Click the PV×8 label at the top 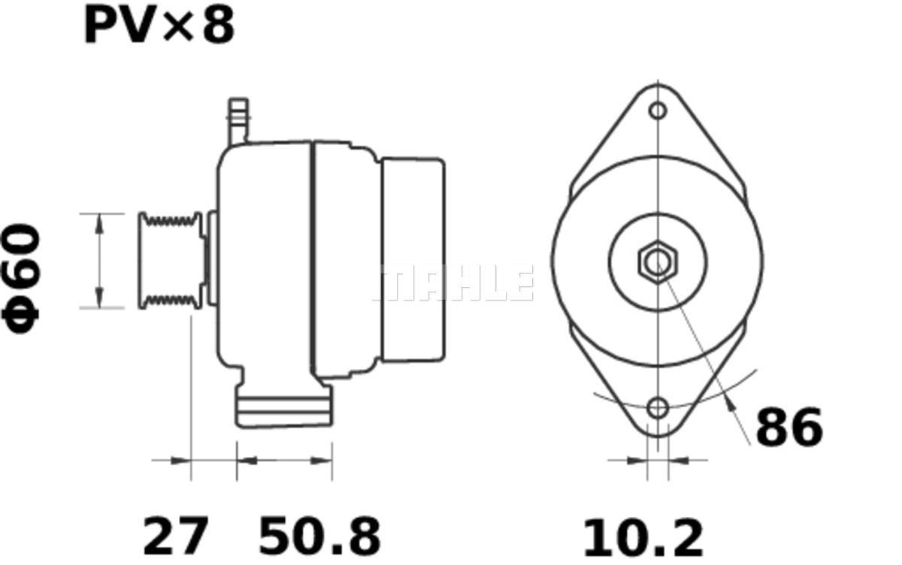[159, 26]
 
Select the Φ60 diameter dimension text [21, 279]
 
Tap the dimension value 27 [176, 537]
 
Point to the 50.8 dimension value [319, 537]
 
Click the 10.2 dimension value [643, 539]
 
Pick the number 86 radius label [789, 428]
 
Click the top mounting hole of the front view [658, 110]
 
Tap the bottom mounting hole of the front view [658, 409]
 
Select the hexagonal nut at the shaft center [658, 262]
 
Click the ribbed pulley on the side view [171, 261]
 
